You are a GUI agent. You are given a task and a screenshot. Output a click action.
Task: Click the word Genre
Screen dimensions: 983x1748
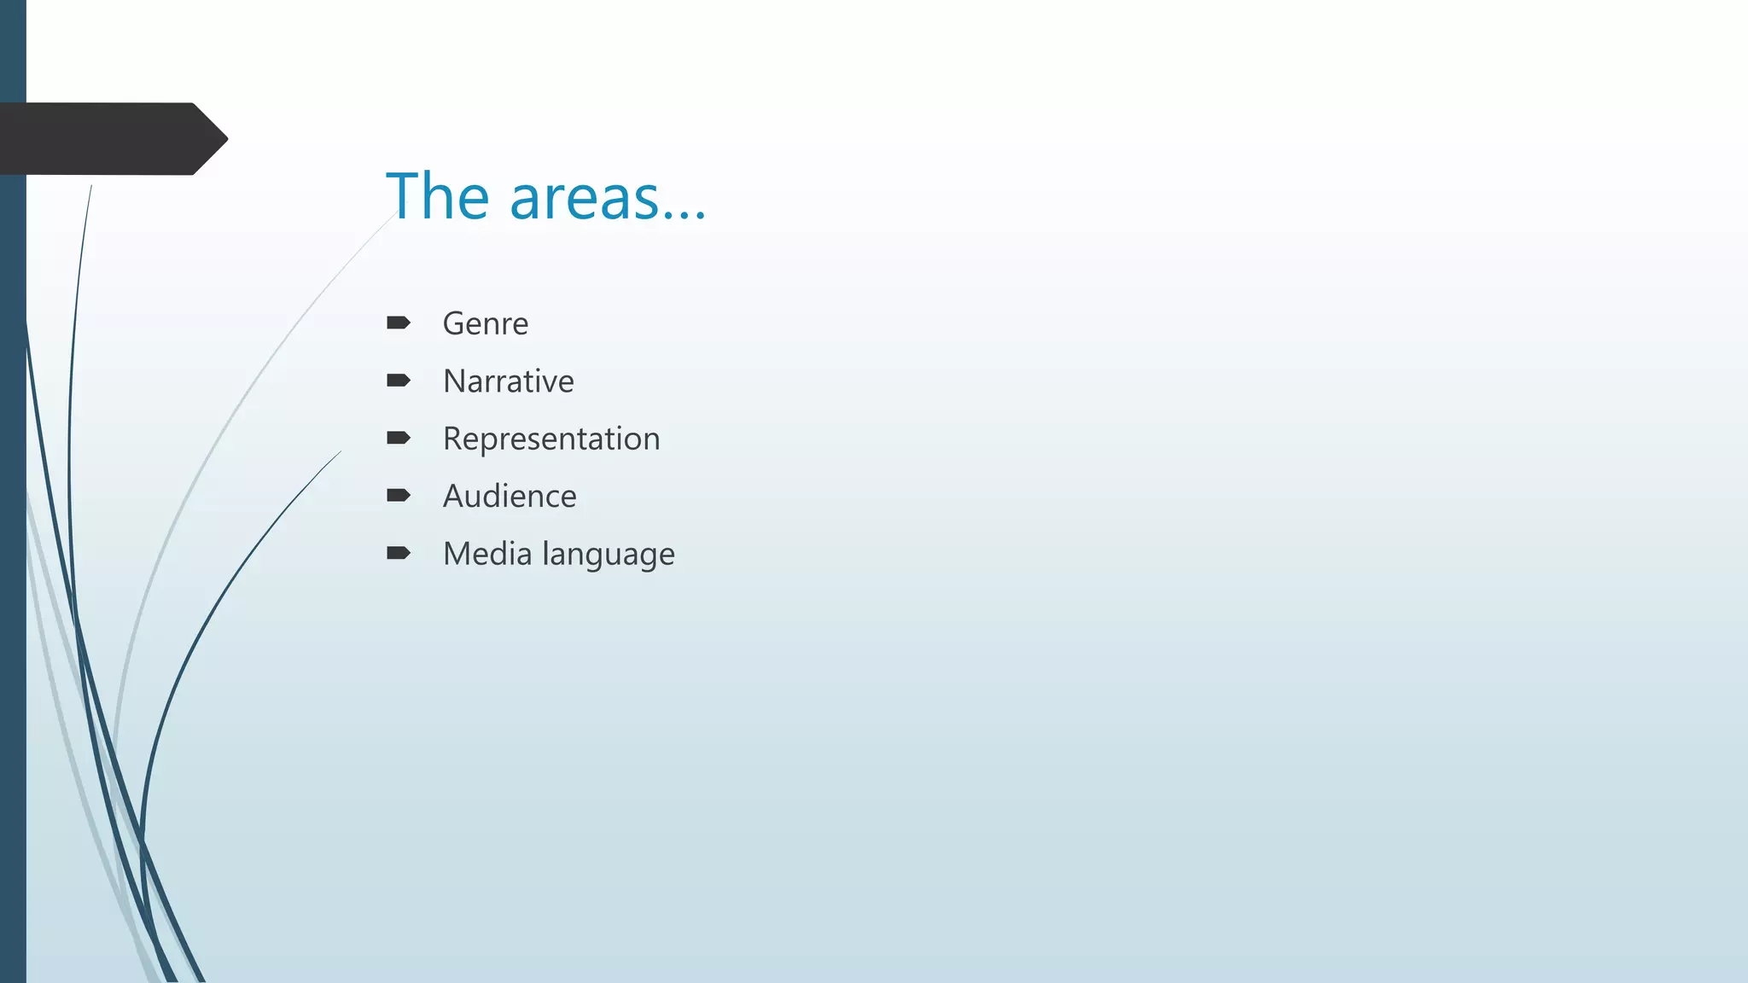click(485, 324)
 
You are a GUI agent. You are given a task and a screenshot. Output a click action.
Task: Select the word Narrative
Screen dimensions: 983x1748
click(508, 381)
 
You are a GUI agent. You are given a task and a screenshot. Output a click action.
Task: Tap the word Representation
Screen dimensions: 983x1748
click(551, 439)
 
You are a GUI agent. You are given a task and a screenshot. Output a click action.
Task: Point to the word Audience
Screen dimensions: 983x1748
click(509, 497)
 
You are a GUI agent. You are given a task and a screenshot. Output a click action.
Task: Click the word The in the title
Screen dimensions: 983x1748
click(438, 196)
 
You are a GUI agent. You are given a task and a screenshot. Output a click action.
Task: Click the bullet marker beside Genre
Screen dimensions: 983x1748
click(398, 323)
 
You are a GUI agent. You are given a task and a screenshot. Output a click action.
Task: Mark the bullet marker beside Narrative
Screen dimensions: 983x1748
click(398, 381)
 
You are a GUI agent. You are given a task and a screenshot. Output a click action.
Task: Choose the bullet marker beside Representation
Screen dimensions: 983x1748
click(398, 438)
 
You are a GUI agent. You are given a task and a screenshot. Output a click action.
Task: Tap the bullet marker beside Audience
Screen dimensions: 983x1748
click(398, 496)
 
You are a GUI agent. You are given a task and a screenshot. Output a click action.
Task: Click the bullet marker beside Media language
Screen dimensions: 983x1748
click(398, 553)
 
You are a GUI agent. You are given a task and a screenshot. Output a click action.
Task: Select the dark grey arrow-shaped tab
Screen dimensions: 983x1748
click(102, 139)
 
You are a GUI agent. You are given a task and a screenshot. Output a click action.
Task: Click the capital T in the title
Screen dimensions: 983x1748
click(404, 196)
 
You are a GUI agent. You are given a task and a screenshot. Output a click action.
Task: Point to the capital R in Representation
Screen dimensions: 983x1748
click(453, 439)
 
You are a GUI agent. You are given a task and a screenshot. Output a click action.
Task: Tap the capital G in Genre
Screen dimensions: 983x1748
click(454, 324)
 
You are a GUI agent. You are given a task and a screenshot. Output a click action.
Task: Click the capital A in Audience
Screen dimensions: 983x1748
click(454, 497)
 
